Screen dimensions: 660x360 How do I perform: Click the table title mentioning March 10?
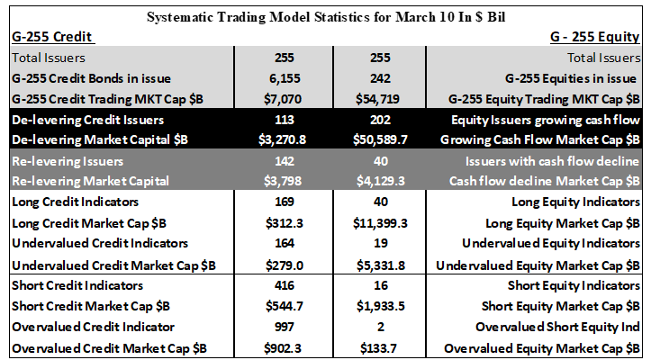[x=326, y=17]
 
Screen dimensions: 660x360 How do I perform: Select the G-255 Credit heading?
[x=51, y=37]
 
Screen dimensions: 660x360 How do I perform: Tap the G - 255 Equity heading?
[x=595, y=37]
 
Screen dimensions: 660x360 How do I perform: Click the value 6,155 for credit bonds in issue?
[x=285, y=78]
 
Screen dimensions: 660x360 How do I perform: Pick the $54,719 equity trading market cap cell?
[x=380, y=99]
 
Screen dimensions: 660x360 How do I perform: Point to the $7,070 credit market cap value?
[x=283, y=99]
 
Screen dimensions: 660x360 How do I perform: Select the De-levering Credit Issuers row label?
[x=87, y=120]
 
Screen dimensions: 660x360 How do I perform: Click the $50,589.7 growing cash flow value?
[x=380, y=139]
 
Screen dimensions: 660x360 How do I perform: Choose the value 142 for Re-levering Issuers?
[x=285, y=161]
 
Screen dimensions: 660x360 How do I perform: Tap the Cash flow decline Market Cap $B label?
[x=544, y=181]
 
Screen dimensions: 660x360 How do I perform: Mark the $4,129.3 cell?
[x=381, y=181]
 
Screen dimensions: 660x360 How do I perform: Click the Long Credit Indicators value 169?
[x=285, y=202]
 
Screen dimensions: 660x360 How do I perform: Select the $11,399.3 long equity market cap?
[x=380, y=223]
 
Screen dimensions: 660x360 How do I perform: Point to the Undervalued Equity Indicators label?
[x=551, y=243]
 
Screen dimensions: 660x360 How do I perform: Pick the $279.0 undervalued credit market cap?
[x=285, y=265]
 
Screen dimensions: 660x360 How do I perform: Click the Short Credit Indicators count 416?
[x=285, y=285]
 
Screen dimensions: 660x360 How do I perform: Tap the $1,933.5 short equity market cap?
[x=381, y=306]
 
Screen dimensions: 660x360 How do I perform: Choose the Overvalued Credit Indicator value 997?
[x=285, y=327]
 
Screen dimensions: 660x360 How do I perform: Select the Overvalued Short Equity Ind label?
[x=557, y=327]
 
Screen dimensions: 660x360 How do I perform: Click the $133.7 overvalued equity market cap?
[x=378, y=348]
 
